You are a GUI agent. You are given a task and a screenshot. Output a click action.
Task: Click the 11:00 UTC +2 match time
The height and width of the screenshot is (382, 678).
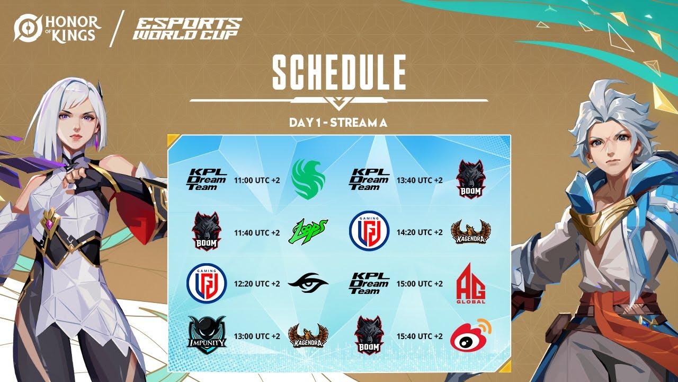click(257, 180)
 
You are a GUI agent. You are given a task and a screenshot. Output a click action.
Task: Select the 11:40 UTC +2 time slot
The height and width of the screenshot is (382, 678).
click(257, 232)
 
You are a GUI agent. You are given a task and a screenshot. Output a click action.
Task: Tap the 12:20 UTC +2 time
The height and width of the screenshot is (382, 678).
click(257, 284)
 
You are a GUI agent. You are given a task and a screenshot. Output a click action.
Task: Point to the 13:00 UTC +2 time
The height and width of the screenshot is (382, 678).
click(257, 336)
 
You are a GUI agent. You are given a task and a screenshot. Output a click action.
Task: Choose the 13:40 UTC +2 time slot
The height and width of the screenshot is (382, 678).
click(420, 180)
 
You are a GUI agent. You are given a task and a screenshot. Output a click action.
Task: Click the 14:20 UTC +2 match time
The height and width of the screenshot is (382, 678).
click(420, 232)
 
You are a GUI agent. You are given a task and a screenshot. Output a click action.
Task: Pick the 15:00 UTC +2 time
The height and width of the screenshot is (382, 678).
click(420, 284)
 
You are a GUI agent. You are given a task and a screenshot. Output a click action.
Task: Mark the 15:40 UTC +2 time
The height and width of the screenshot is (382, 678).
click(420, 336)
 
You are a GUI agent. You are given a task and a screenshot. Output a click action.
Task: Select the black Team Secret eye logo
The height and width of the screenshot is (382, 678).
click(308, 283)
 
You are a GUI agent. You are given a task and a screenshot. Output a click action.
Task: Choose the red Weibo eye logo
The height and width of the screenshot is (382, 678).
click(470, 335)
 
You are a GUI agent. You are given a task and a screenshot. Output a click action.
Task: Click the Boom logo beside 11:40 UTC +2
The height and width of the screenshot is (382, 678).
click(206, 231)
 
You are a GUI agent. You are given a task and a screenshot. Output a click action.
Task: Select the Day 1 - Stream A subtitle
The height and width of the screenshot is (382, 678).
click(338, 123)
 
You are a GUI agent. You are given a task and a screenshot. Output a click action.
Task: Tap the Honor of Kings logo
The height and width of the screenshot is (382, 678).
click(57, 29)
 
